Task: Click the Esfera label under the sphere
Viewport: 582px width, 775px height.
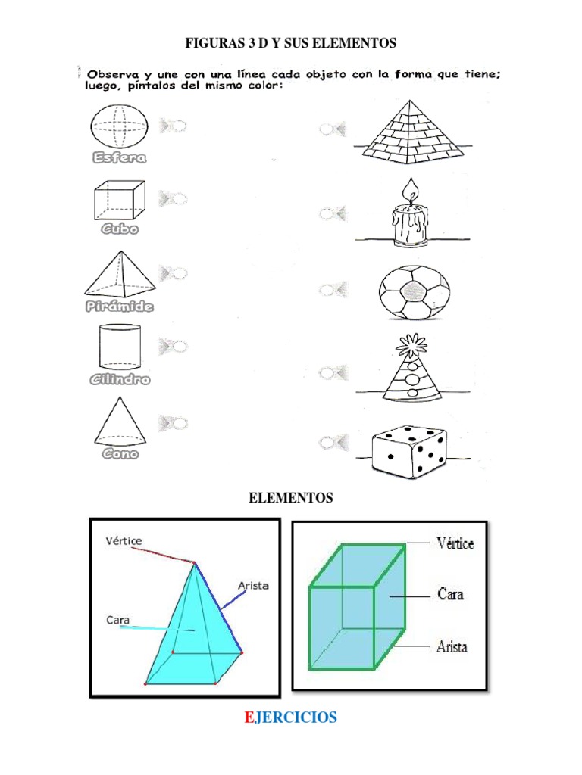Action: coord(119,158)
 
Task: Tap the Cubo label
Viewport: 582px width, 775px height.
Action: coord(120,229)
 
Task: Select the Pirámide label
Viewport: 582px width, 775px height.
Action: coord(119,307)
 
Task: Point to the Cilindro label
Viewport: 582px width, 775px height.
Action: coord(119,379)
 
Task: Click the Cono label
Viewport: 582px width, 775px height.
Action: coord(120,454)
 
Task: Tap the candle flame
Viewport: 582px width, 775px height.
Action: coord(411,191)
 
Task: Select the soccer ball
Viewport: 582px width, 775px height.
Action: coord(413,293)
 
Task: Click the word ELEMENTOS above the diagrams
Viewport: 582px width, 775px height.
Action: coord(291,498)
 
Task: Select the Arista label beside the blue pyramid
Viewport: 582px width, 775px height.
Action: coord(253,586)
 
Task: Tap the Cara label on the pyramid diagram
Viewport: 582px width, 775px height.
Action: coord(118,620)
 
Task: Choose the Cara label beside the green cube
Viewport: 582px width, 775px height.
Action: coord(451,594)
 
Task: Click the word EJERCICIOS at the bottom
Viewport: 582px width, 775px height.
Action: coord(291,717)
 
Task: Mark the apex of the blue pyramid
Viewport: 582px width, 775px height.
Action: coord(194,562)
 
